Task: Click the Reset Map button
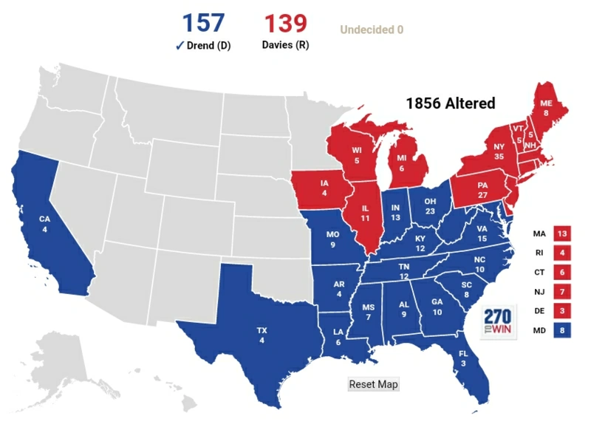pos(373,384)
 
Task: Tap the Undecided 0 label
pos(372,30)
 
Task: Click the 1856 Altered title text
pos(451,103)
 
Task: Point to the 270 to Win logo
pos(497,322)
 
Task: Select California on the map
pos(46,222)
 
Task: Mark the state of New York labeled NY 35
pos(499,151)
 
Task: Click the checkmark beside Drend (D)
pos(180,45)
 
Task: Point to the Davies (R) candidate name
pos(285,45)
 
